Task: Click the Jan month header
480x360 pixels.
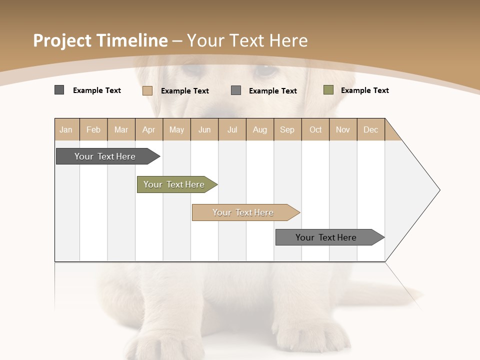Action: [66, 129]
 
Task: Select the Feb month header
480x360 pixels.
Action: [93, 129]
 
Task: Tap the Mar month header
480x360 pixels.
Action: [121, 129]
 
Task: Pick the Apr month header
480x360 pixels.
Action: [149, 129]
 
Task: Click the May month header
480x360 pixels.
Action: [176, 129]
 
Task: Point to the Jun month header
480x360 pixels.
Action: [204, 129]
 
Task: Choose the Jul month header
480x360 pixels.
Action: [232, 129]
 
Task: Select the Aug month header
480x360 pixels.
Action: [260, 129]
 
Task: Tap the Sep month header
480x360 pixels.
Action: [287, 129]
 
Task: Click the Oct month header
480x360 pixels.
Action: [315, 129]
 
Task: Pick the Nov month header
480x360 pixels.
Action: [343, 129]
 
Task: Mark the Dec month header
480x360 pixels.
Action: [371, 129]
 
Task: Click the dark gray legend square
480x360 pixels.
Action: [59, 90]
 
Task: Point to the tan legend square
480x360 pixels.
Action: [147, 90]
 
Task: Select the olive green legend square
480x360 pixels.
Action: [328, 90]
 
